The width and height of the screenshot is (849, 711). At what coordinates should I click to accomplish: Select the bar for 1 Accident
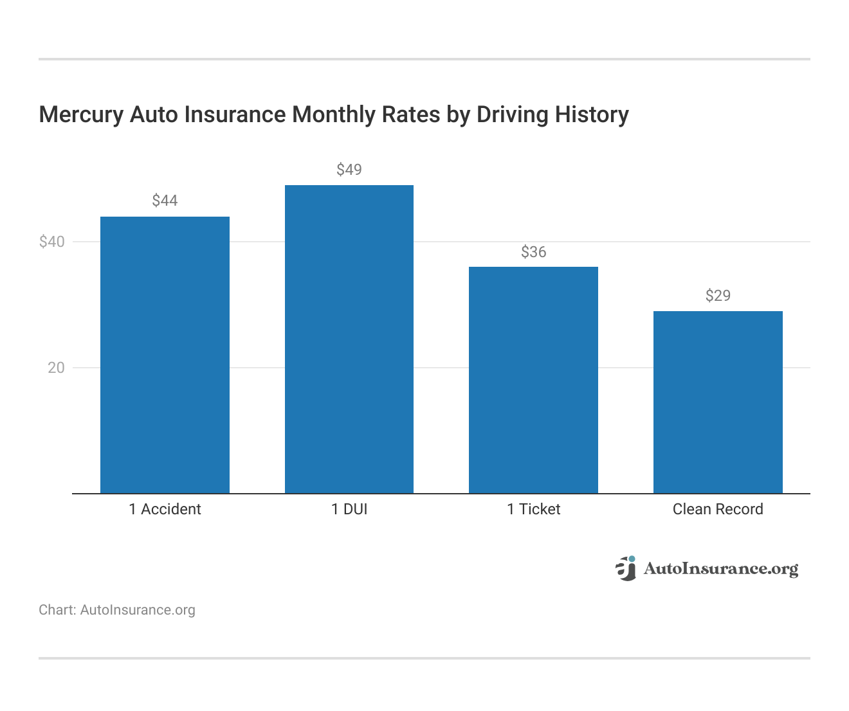tap(165, 355)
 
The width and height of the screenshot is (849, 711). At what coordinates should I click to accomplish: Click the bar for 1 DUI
tap(349, 339)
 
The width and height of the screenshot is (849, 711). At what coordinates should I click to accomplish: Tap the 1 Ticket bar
tap(533, 380)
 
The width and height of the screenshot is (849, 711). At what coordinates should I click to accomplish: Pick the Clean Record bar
tap(718, 402)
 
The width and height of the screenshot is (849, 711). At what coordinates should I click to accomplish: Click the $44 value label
tap(165, 201)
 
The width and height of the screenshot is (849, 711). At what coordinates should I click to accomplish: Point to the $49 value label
tap(349, 170)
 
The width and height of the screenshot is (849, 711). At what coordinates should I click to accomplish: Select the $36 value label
tap(533, 252)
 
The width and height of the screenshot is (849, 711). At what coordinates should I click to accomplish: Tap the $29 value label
tap(718, 296)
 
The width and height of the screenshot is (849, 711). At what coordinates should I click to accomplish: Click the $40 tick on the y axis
tap(52, 242)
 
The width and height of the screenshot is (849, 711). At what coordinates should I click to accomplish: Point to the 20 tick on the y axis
tap(56, 368)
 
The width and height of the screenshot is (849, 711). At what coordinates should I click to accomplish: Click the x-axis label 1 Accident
tap(165, 509)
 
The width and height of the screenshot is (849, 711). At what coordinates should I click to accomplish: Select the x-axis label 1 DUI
tap(349, 509)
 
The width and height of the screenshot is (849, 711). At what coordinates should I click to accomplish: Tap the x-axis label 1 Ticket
tap(533, 509)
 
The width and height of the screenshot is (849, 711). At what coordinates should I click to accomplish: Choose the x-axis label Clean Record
tap(718, 509)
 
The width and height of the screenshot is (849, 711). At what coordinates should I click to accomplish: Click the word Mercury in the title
tap(81, 115)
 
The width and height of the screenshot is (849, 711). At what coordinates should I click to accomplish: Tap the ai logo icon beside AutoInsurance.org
tap(625, 568)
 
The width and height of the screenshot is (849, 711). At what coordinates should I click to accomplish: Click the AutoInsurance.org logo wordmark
tap(720, 569)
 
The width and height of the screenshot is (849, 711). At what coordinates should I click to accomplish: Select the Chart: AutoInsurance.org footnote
tap(117, 610)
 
